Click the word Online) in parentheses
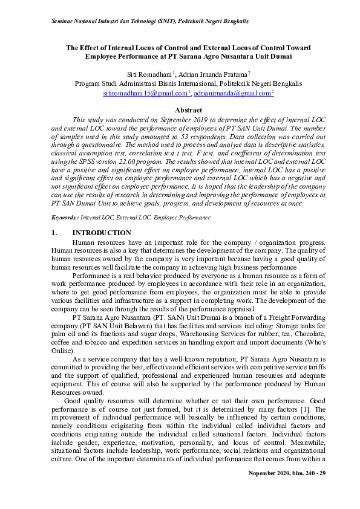click(x=63, y=351)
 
